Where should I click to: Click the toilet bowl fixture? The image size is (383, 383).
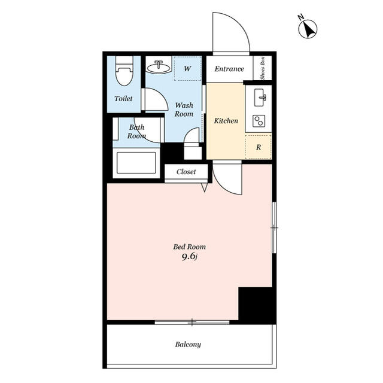tap(124, 71)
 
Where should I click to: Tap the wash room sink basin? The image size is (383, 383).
tap(159, 66)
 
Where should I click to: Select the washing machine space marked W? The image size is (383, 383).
tap(187, 68)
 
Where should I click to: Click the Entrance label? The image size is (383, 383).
tap(229, 69)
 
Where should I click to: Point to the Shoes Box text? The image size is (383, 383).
tap(263, 68)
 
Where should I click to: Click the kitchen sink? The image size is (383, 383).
tap(260, 98)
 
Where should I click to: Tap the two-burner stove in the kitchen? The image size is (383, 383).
tap(259, 121)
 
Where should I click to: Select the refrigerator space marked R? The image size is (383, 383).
tap(259, 147)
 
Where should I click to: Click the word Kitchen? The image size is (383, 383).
tap(226, 121)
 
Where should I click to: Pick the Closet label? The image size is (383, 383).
tap(186, 172)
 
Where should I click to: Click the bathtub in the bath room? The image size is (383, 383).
tap(136, 163)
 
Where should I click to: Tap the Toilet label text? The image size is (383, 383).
tap(123, 98)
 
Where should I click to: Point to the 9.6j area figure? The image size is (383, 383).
tap(190, 257)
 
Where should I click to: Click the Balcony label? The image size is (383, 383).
tap(188, 345)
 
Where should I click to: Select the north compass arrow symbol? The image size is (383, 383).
tap(308, 29)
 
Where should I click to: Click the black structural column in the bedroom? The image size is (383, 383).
tap(257, 305)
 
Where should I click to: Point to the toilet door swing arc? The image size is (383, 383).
tap(161, 95)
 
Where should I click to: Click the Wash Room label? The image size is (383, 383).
tap(184, 110)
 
